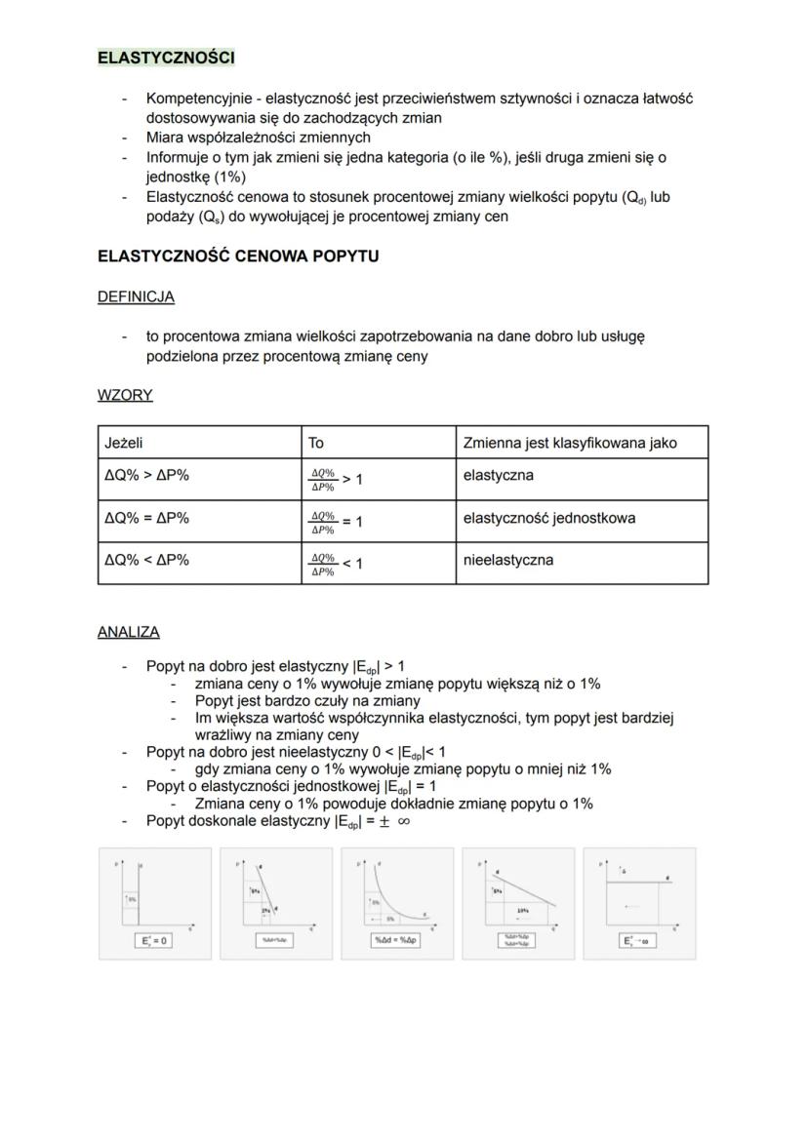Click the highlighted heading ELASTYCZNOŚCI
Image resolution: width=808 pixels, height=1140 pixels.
(x=166, y=58)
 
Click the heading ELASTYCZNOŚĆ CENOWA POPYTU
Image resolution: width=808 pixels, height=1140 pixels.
(x=238, y=256)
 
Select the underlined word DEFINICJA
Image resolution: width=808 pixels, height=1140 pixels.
(x=136, y=296)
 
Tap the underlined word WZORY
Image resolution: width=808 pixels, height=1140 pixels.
(x=125, y=395)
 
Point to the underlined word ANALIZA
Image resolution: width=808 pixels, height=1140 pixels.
(x=128, y=632)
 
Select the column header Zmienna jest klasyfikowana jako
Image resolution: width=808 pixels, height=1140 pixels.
(x=570, y=443)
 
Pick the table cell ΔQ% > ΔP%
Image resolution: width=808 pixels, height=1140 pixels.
(x=146, y=477)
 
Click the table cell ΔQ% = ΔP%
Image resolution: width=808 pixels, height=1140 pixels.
(x=146, y=518)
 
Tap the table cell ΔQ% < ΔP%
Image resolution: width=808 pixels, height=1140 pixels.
(x=146, y=560)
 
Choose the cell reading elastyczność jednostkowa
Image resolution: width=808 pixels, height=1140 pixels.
(x=548, y=518)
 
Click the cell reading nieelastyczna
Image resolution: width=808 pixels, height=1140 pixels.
(x=507, y=560)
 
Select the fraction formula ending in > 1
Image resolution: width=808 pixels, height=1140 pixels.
(x=336, y=479)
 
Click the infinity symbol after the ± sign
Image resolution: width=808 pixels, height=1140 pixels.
(x=403, y=821)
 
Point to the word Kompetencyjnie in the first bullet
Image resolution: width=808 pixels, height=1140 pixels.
(x=192, y=98)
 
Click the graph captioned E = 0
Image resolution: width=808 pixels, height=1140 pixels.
(x=155, y=902)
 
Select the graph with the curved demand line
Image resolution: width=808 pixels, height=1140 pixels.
(x=397, y=902)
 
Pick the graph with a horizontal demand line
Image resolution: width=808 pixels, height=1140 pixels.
(x=639, y=902)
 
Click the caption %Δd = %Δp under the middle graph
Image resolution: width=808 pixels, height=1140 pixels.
(x=397, y=941)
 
